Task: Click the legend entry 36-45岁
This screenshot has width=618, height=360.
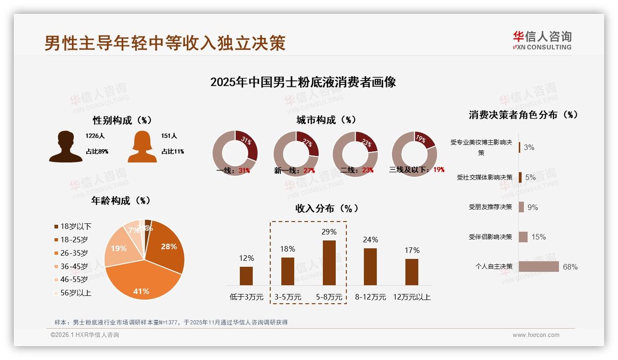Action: click(73, 266)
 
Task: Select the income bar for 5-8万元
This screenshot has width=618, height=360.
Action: click(329, 263)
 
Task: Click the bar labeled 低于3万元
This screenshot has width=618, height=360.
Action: click(246, 276)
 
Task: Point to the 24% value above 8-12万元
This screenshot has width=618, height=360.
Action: click(370, 240)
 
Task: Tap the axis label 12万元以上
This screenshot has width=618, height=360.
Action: click(411, 297)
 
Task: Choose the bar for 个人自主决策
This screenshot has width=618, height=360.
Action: click(539, 267)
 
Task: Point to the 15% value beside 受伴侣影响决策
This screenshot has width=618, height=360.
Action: click(538, 237)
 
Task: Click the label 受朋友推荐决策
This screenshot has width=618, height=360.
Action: click(490, 207)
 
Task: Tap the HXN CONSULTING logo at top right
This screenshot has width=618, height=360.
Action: click(542, 41)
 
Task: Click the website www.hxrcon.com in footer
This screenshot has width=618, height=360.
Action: click(536, 335)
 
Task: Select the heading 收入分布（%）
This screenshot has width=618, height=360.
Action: click(327, 209)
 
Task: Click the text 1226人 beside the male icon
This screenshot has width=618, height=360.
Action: click(95, 136)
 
